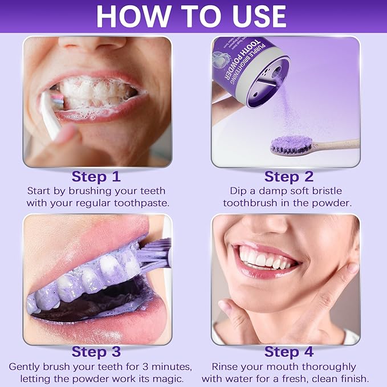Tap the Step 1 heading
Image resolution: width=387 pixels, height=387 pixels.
96,176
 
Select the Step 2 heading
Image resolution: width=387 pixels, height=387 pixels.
289,176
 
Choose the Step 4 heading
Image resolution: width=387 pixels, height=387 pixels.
289,352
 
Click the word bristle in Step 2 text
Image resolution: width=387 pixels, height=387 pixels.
332,190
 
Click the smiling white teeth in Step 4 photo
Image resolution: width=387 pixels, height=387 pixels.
265,260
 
